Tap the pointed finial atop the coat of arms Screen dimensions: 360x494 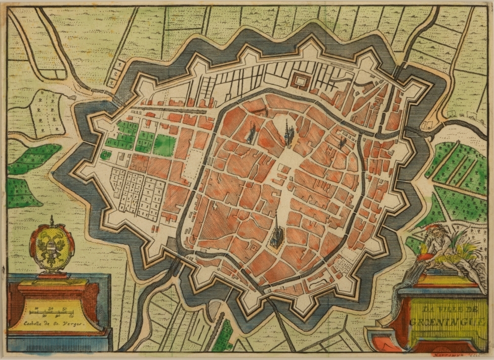(51, 220)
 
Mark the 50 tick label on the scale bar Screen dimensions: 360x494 (65, 309)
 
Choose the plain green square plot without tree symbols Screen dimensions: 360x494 (164, 145)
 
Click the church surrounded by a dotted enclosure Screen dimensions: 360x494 (251, 133)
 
